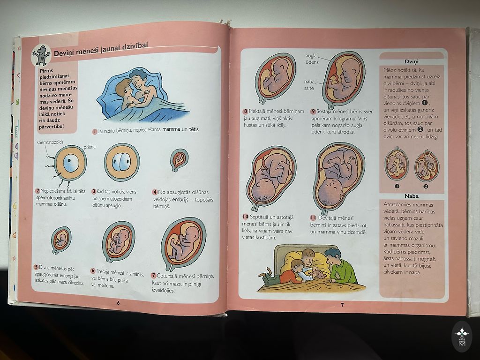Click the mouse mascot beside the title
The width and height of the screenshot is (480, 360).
pos(41,55)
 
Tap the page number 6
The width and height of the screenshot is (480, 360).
pos(118,303)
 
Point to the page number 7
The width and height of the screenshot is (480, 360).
pos(342,305)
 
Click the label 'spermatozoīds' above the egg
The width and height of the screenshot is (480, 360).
pos(50,142)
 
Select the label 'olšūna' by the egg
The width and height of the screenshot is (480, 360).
pos(90,147)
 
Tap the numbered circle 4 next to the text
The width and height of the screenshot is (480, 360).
pos(155,192)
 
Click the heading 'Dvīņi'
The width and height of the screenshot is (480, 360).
pos(411,61)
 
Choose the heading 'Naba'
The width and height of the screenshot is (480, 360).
pos(411,196)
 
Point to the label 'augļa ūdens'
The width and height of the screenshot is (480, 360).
pos(312,59)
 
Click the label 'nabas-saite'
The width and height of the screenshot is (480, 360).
pos(311,85)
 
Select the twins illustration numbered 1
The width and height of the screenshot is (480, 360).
pos(397,164)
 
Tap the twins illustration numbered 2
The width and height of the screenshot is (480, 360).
pos(427,166)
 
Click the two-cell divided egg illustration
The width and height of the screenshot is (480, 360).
pos(122,162)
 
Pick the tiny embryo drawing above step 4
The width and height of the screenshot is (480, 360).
pos(179,159)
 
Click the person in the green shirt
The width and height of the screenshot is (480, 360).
pos(340,266)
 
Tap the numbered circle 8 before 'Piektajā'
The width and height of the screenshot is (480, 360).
pos(246,112)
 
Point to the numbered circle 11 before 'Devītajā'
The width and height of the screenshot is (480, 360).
pos(313,217)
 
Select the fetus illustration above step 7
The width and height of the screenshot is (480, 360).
pos(183,244)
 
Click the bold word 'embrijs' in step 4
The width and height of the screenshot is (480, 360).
pos(180,200)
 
